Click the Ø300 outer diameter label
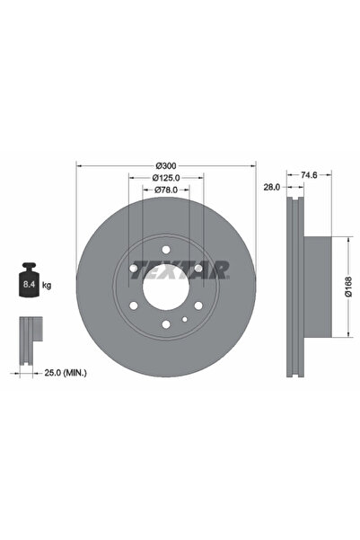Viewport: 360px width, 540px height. click(166, 165)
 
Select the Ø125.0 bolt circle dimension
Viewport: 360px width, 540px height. click(166, 178)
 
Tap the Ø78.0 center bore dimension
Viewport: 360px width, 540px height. click(166, 190)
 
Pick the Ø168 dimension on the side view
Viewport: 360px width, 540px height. click(348, 288)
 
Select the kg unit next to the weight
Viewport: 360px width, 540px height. click(47, 285)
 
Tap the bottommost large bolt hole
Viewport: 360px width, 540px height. click(166, 325)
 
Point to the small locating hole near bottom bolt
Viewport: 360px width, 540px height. click(183, 319)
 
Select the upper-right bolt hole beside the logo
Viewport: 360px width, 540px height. click(198, 267)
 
